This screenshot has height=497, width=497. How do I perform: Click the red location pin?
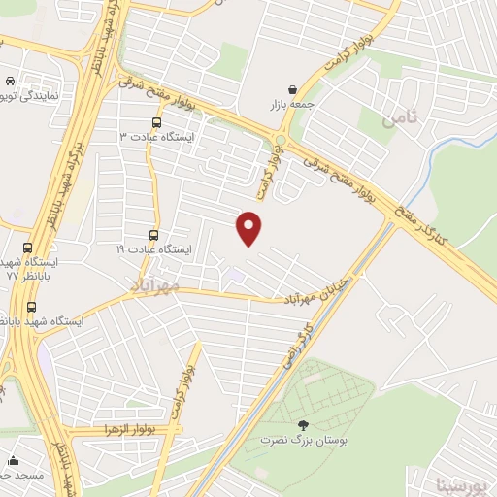250,227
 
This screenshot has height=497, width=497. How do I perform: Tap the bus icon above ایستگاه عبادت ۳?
157,122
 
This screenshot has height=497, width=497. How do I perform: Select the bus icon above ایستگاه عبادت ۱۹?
153,235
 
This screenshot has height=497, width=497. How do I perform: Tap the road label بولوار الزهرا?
126,429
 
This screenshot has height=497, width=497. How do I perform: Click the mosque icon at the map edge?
13,459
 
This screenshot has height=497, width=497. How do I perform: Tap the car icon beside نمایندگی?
9,83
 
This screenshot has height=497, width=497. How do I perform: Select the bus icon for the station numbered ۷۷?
26,248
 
